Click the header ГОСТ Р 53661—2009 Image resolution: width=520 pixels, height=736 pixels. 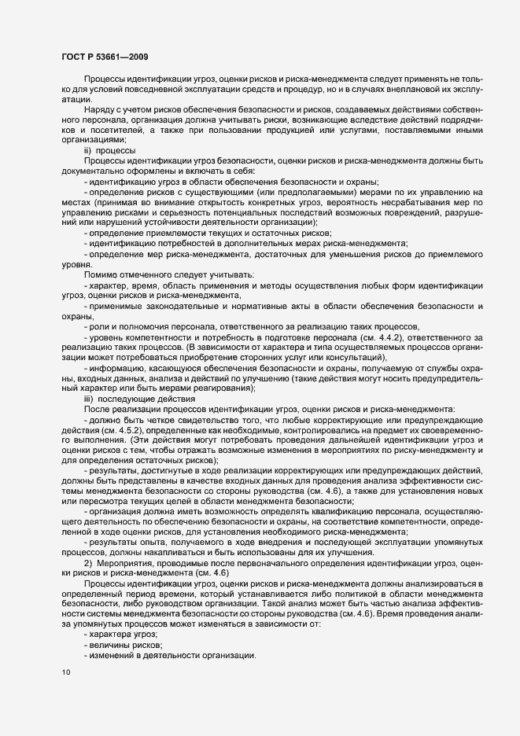tap(103, 57)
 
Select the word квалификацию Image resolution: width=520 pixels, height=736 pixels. tap(326, 511)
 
